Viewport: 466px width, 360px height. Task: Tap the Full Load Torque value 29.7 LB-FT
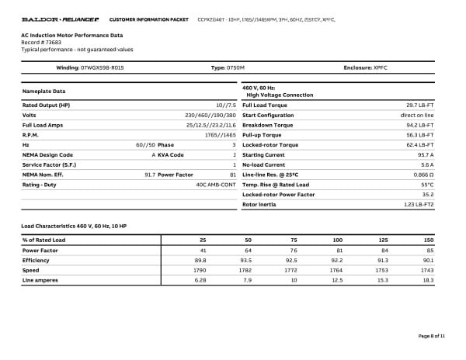pyautogui.click(x=419, y=105)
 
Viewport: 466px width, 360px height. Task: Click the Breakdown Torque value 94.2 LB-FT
pyautogui.click(x=419, y=124)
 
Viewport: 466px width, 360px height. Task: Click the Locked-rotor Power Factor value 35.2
pyautogui.click(x=428, y=194)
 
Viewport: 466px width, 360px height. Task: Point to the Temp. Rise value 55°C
pyautogui.click(x=427, y=185)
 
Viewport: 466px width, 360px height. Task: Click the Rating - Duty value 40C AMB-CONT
pyautogui.click(x=216, y=185)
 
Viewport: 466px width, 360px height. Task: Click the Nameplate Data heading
pyautogui.click(x=43, y=92)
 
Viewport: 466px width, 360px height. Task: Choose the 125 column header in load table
pyautogui.click(x=382, y=241)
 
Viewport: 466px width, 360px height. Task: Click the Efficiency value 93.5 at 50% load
pyautogui.click(x=248, y=261)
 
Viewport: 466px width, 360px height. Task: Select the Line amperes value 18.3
pyautogui.click(x=428, y=280)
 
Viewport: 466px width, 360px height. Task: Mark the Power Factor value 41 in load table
pyautogui.click(x=203, y=251)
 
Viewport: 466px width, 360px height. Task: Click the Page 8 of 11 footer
pyautogui.click(x=432, y=336)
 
